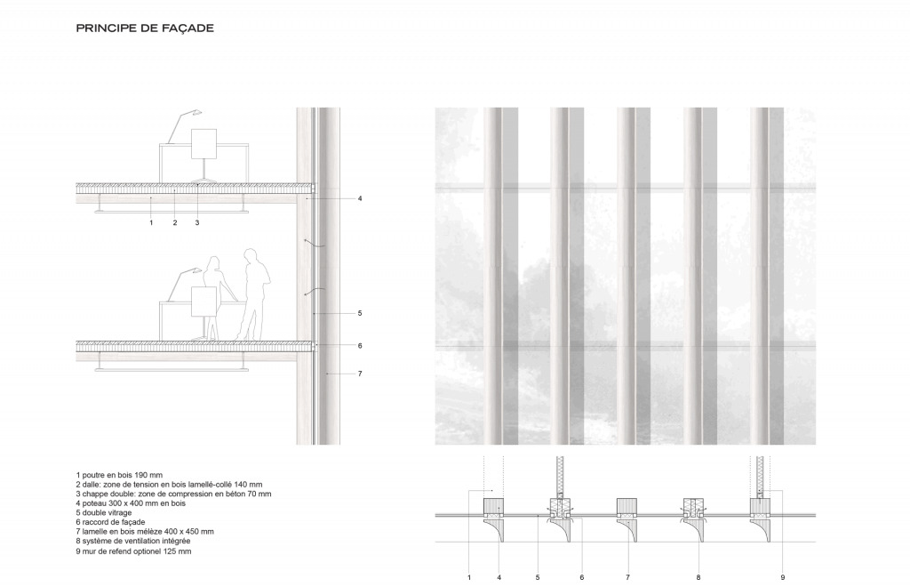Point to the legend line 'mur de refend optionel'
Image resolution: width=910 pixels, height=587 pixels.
click(133, 551)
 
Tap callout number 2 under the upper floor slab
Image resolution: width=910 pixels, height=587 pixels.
click(175, 222)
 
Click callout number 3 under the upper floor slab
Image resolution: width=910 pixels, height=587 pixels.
click(196, 222)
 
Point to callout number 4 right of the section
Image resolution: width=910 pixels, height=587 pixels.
click(360, 198)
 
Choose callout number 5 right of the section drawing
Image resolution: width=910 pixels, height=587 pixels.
click(360, 313)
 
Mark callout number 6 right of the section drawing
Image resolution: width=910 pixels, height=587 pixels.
click(360, 346)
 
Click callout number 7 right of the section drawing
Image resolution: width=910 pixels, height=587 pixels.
click(360, 374)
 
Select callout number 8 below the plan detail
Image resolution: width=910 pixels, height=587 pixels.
click(698, 578)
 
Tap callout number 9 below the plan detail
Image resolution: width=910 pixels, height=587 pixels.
click(783, 578)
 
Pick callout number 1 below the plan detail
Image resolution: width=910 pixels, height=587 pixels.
click(468, 578)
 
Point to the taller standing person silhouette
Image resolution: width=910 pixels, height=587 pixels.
click(253, 293)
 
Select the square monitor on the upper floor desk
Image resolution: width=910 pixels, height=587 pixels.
click(204, 143)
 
